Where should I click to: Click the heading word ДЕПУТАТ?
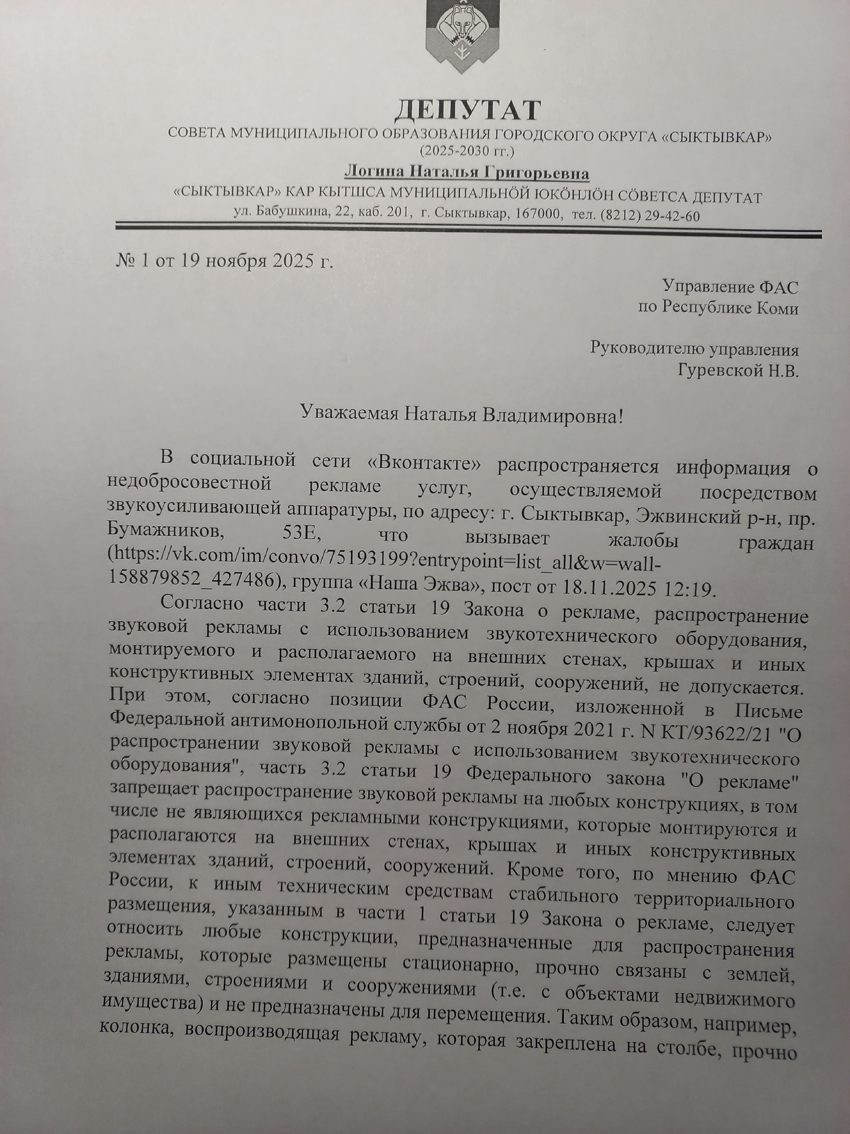(467, 110)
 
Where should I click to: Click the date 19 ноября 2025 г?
(256, 261)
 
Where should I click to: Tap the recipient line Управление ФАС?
(730, 287)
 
